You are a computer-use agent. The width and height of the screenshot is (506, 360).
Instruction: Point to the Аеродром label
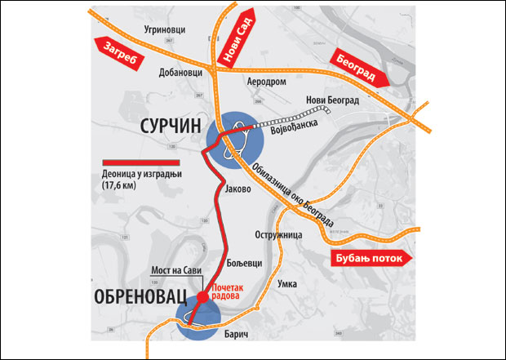pos(266,83)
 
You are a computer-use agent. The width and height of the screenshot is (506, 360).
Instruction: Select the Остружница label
pos(279,234)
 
